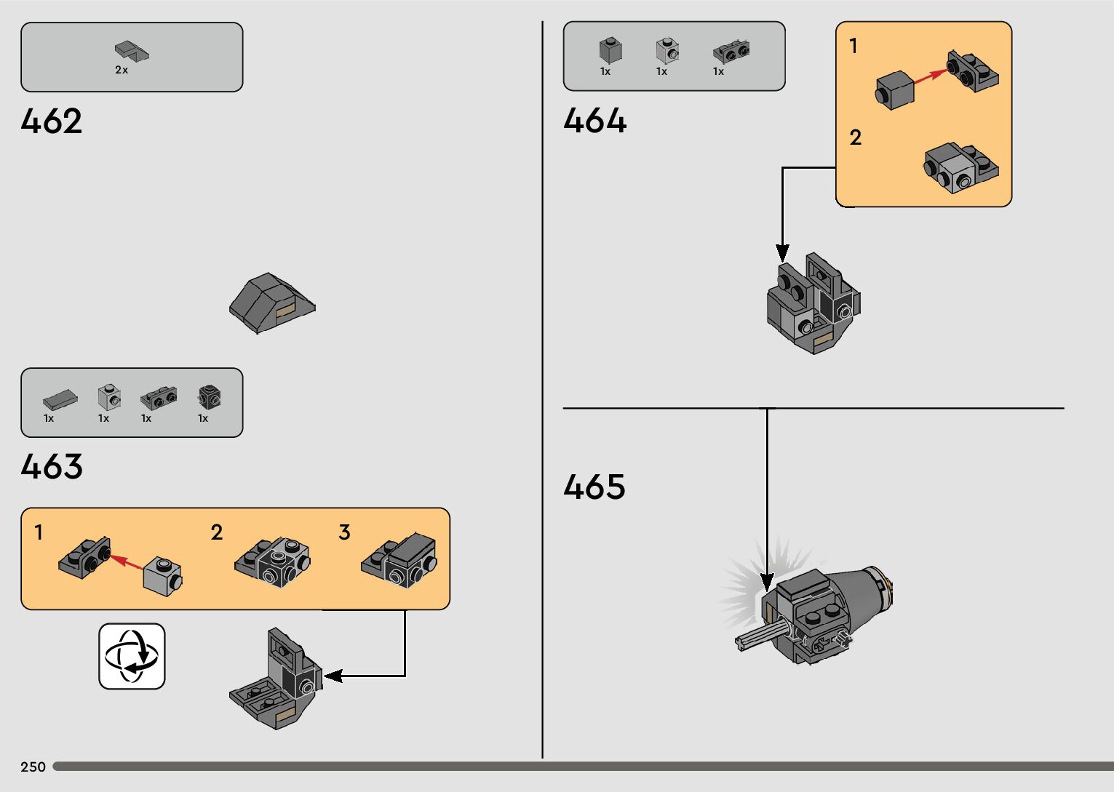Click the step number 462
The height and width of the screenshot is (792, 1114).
click(52, 121)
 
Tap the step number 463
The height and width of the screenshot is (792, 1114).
click(52, 467)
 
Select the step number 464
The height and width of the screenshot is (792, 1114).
click(594, 121)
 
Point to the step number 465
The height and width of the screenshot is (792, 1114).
click(594, 487)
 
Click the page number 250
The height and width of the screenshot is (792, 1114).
click(33, 767)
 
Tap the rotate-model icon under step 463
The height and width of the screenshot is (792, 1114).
click(132, 656)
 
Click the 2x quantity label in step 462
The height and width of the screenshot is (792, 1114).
click(122, 71)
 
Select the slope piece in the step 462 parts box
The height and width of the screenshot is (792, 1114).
click(132, 50)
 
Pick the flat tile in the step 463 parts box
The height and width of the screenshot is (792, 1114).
click(60, 399)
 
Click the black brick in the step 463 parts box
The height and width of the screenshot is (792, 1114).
click(209, 397)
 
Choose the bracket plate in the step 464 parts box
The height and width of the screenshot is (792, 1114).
click(731, 52)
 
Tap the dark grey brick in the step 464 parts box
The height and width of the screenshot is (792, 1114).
click(610, 49)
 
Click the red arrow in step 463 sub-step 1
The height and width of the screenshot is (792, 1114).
click(127, 562)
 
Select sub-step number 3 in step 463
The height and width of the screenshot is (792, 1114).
click(344, 532)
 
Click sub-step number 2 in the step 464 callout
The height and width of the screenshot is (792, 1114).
click(855, 137)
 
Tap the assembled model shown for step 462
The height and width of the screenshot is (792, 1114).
click(271, 303)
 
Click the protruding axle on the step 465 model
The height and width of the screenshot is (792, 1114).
click(757, 637)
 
